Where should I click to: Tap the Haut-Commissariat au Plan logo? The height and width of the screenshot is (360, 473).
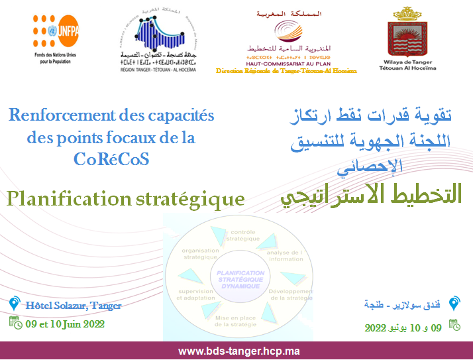coord(286,33)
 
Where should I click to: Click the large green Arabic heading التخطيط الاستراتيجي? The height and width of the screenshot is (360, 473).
coord(368,195)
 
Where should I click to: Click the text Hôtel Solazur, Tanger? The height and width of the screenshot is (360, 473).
coord(73,306)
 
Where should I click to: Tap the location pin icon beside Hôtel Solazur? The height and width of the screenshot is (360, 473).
coord(14,304)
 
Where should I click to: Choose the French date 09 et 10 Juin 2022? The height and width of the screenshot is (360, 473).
coord(65,324)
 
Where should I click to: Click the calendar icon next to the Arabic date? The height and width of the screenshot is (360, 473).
coord(454,325)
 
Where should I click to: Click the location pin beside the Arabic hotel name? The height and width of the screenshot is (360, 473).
coord(454,304)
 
